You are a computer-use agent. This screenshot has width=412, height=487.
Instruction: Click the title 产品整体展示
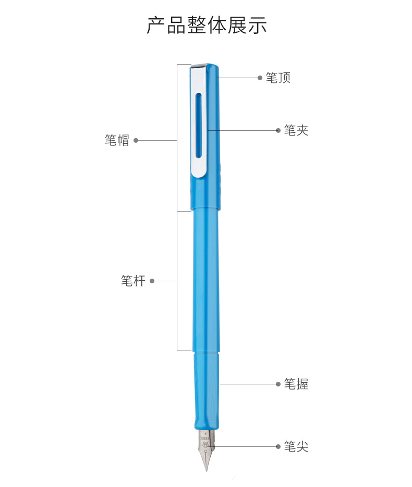[207, 25]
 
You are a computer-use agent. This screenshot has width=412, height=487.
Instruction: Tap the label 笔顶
[278, 78]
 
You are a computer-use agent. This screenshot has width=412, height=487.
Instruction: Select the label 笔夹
[296, 130]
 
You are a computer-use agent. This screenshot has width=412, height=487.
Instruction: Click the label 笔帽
[117, 141]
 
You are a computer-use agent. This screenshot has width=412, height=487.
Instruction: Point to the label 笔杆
[133, 281]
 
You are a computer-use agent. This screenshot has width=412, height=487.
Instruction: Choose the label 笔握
[296, 384]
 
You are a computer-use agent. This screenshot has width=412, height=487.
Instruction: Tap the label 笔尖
[296, 446]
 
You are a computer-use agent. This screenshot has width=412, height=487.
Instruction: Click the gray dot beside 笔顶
[260, 78]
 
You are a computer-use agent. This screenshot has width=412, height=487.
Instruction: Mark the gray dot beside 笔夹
[278, 130]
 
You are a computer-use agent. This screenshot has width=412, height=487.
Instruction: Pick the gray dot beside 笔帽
[136, 141]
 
